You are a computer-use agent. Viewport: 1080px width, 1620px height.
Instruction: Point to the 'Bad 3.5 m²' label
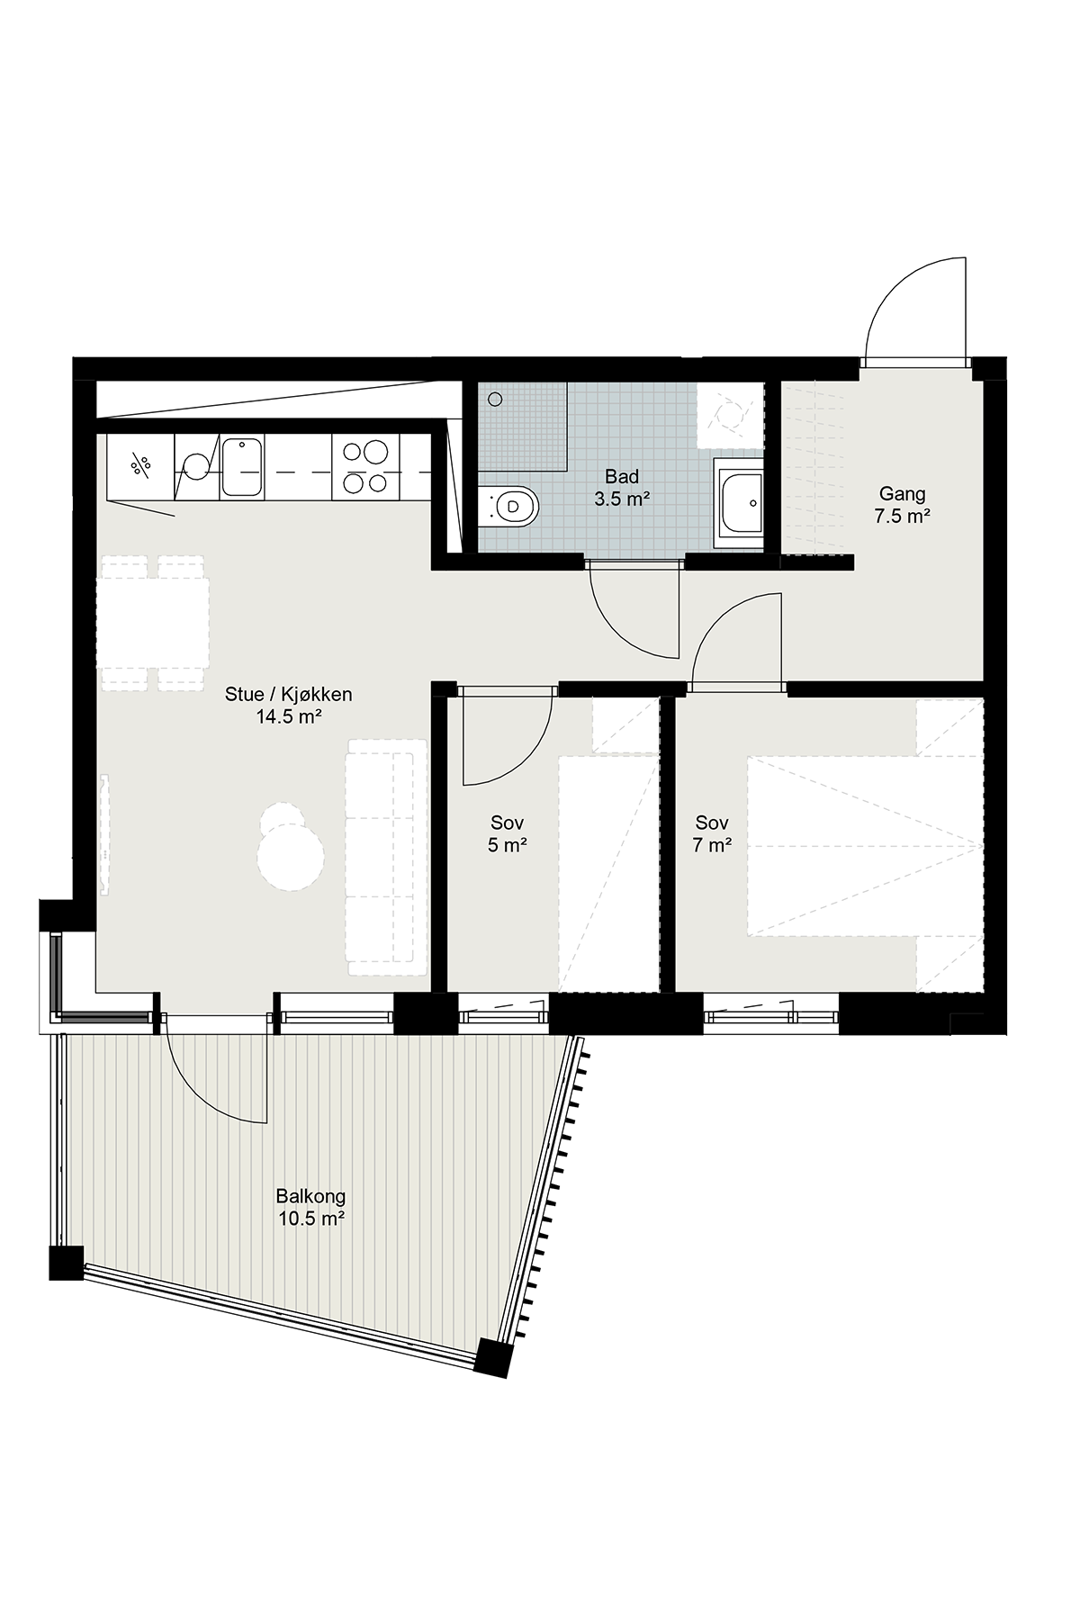click(x=622, y=487)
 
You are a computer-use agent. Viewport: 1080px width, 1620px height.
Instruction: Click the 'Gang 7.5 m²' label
click(x=902, y=505)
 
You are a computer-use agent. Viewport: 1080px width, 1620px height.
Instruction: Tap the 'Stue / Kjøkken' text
click(x=289, y=695)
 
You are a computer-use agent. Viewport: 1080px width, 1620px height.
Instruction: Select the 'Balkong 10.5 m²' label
click(x=310, y=1208)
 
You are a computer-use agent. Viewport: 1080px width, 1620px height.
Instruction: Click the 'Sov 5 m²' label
click(x=508, y=833)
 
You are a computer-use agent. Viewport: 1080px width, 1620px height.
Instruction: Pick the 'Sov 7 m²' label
click(x=712, y=833)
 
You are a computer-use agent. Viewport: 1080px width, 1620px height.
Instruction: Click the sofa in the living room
click(x=387, y=857)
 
